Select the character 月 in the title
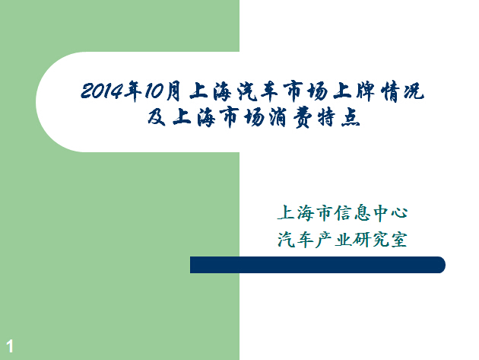coord(173,91)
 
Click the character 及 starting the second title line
coord(157,117)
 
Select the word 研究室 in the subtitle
coord(380,239)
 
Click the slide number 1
coord(10,346)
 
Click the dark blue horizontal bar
coord(318,265)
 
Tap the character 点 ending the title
coord(351,118)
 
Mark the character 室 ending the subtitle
coord(399,239)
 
